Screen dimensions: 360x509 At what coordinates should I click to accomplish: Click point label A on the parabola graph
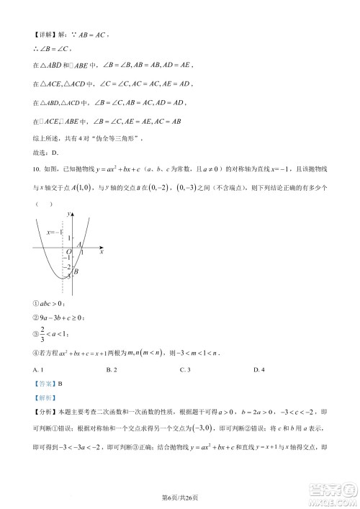78,245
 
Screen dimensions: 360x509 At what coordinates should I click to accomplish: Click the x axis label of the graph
102,253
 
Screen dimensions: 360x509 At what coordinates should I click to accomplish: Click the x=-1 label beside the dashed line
55,232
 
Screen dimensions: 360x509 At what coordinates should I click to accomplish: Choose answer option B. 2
110,370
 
